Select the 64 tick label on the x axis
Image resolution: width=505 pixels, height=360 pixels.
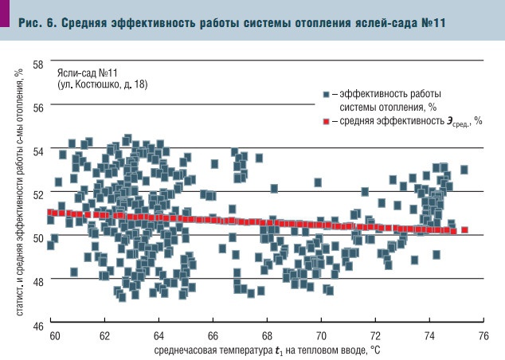pyautogui.click(x=159, y=337)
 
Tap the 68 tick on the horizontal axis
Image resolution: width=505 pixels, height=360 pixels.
pyautogui.click(x=267, y=337)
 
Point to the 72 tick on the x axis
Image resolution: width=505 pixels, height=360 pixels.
pyautogui.click(x=375, y=337)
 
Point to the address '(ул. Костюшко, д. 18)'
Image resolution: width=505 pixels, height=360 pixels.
pyautogui.click(x=102, y=83)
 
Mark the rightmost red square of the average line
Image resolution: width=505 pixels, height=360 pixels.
pyautogui.click(x=464, y=230)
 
